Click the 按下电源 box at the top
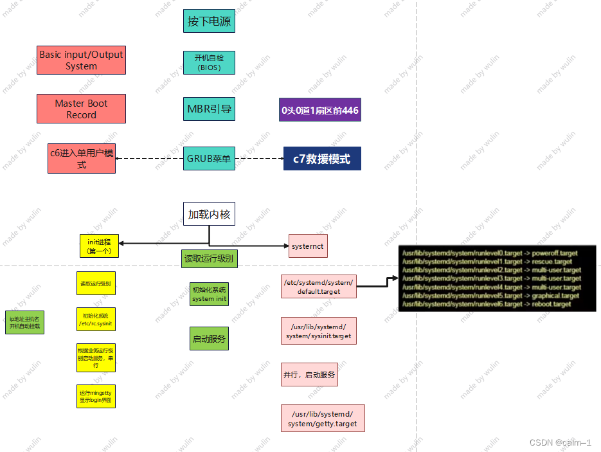(209, 21)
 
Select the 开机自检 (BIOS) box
(209, 62)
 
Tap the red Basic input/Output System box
(81, 60)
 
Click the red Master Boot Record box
(81, 109)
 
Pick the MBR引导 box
(209, 109)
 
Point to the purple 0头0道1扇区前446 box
(319, 110)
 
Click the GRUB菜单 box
(209, 158)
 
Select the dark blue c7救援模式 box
(322, 159)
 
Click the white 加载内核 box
(209, 214)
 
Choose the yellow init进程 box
(99, 246)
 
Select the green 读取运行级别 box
(209, 258)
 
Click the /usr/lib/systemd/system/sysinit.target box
(319, 331)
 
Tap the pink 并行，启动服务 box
(309, 374)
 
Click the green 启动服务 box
(209, 338)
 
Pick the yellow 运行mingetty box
(96, 395)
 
